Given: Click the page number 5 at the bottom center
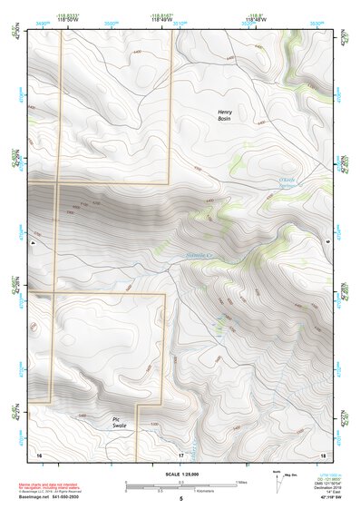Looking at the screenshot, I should click(180, 500).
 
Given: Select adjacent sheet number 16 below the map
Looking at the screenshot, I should click(39, 454).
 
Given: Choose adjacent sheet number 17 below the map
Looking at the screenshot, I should click(180, 454).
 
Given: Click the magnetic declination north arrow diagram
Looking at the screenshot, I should click(276, 477).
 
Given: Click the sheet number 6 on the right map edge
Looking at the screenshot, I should click(327, 244).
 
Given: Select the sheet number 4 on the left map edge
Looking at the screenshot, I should click(33, 244).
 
